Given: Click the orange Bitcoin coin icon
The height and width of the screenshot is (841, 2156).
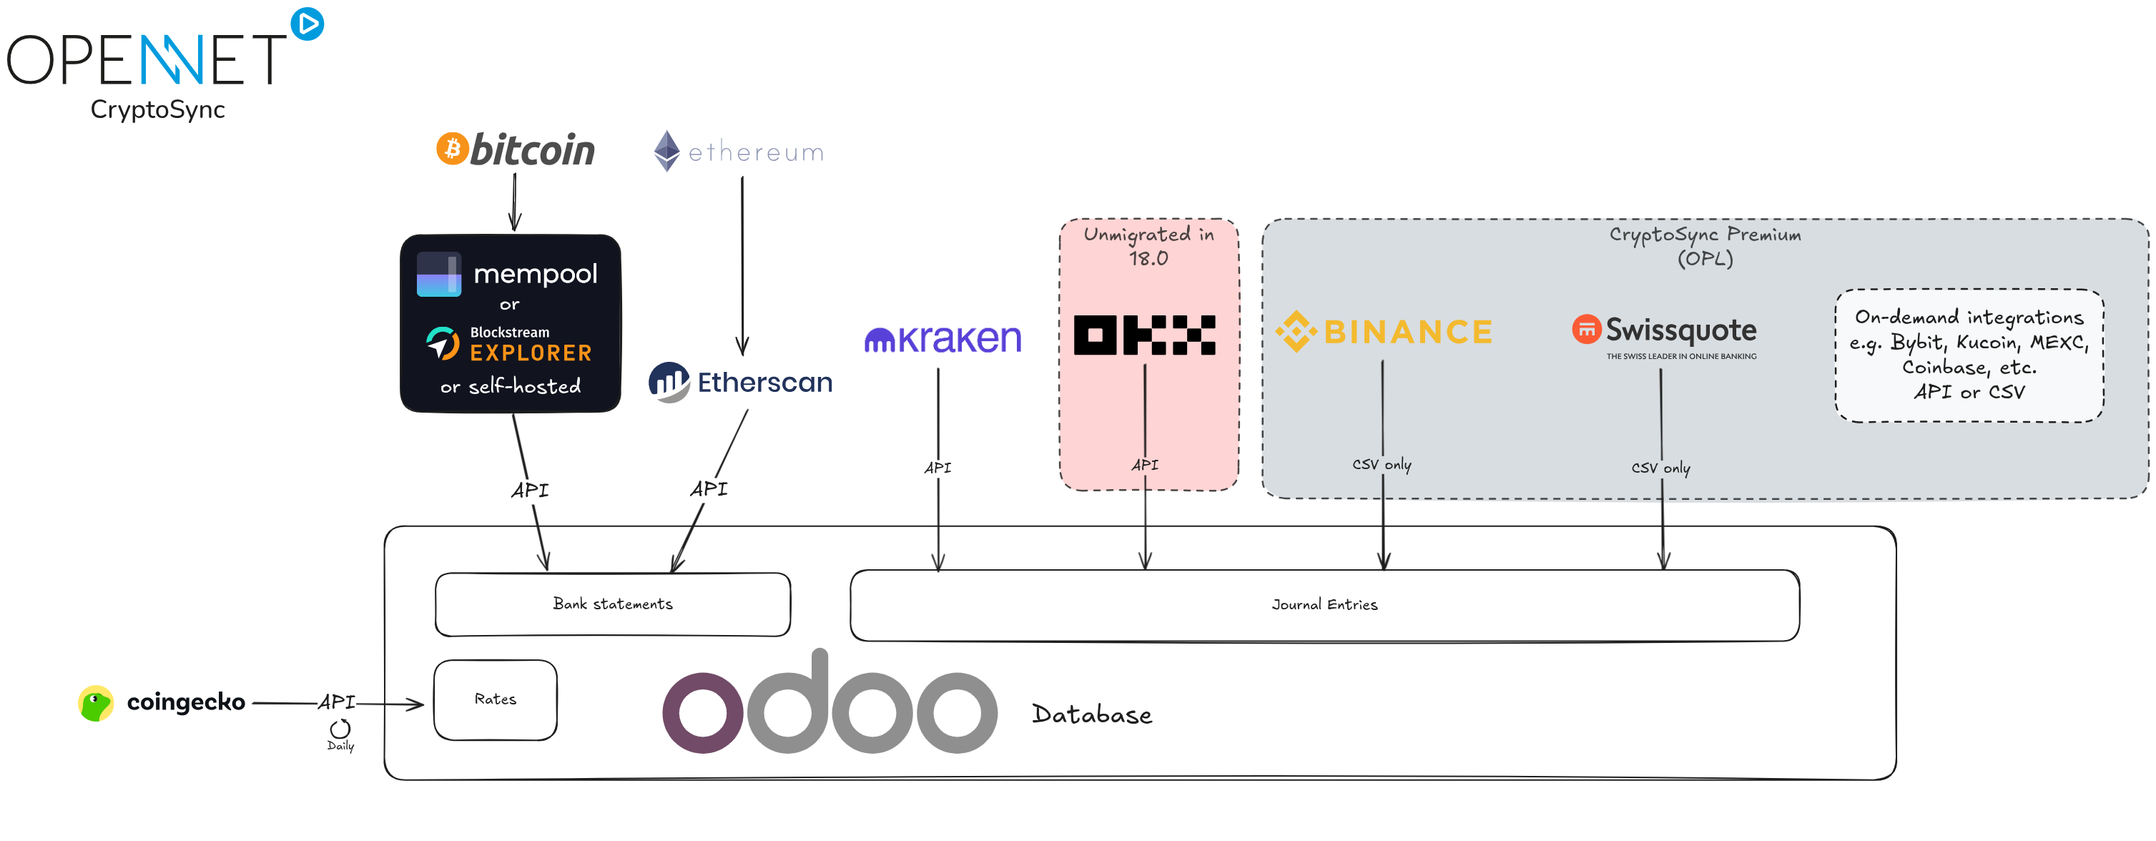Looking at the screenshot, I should click(452, 149).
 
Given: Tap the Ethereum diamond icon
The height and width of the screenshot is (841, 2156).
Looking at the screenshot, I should click(666, 151).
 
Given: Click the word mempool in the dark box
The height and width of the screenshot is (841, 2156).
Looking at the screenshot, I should click(535, 274).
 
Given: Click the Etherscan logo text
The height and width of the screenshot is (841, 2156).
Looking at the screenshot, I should click(764, 383).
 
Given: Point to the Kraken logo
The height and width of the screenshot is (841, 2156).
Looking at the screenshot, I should click(942, 339).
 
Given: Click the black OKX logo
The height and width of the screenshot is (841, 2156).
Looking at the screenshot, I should click(1144, 335).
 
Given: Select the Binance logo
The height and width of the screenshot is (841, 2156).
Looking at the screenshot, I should click(1384, 331).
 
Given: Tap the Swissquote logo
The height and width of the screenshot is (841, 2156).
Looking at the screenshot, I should click(1665, 331).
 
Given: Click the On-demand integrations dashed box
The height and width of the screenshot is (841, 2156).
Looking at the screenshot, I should click(1969, 355).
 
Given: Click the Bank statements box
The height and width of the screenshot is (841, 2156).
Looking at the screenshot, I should click(613, 604).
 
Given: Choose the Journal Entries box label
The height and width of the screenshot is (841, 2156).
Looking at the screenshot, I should click(1324, 604).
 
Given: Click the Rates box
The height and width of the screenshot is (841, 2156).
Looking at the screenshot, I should click(496, 699).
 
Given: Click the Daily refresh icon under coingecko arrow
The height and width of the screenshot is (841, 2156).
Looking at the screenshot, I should click(340, 728).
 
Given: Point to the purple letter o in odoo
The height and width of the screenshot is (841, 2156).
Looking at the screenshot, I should click(702, 713).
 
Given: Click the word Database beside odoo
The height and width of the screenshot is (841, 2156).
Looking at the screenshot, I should click(1091, 714).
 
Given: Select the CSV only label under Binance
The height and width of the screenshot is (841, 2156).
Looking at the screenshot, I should click(1381, 464).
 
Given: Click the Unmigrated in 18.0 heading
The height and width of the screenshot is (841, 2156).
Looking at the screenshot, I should click(1148, 246).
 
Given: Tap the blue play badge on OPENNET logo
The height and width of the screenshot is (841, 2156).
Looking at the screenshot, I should click(307, 24).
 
